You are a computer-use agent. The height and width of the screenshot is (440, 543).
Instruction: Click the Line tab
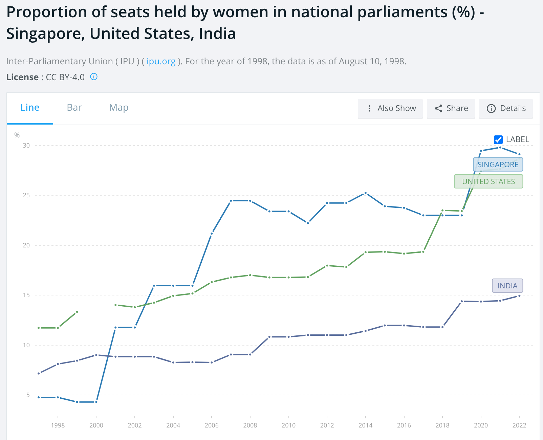tap(30, 108)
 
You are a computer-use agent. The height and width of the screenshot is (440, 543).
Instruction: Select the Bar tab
tap(74, 108)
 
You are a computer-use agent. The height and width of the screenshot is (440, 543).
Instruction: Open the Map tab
tap(118, 108)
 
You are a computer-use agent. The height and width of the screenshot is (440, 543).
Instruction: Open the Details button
tap(506, 108)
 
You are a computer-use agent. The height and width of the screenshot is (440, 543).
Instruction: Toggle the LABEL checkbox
tap(498, 139)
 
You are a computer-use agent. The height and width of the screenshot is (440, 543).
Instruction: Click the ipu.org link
tap(161, 61)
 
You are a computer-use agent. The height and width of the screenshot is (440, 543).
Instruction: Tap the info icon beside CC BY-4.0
tap(94, 77)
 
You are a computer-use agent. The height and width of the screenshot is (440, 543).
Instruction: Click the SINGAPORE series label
tap(498, 164)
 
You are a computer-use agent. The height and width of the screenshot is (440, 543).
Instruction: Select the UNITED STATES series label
tap(488, 181)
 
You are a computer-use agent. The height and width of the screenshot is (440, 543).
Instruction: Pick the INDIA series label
tap(507, 286)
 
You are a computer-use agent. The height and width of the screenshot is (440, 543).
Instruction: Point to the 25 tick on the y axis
tap(26, 195)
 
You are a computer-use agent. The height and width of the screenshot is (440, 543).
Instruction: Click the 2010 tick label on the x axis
tap(288, 425)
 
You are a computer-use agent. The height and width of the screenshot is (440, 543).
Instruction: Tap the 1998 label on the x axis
tap(58, 425)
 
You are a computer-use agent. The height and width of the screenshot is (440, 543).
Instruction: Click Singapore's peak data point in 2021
tap(500, 148)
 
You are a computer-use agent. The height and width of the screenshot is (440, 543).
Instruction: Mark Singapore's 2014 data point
tap(366, 193)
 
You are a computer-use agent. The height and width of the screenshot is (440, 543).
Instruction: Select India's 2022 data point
tap(519, 296)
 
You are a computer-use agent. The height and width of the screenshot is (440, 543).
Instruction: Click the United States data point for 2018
tap(442, 211)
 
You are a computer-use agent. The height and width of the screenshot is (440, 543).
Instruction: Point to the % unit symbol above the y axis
tap(17, 135)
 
